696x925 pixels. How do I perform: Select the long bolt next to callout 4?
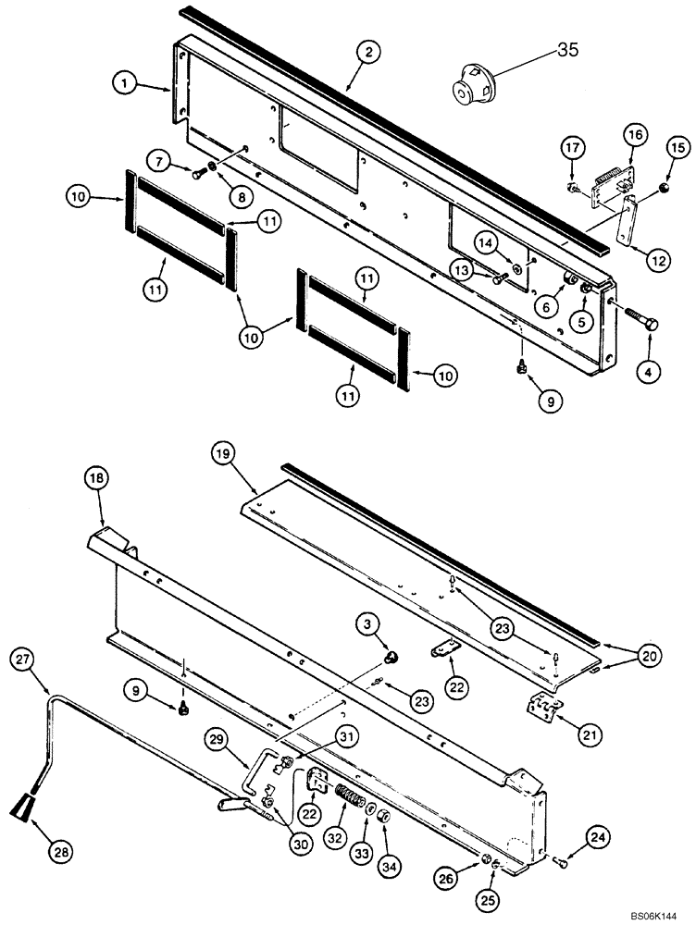[634, 325]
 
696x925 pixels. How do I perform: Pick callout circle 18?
[99, 477]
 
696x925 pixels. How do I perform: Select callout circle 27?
[25, 660]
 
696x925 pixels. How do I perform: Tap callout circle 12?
[658, 262]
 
